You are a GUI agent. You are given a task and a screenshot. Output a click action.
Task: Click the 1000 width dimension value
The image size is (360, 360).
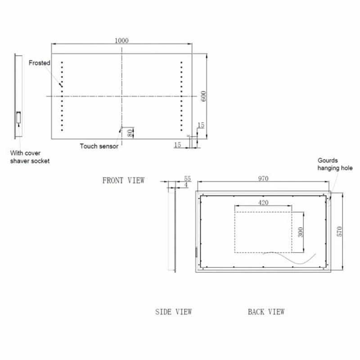tap(121, 40)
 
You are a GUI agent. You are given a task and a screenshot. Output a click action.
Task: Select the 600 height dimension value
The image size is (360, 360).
tap(203, 96)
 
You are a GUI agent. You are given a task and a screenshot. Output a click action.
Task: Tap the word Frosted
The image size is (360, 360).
tap(40, 63)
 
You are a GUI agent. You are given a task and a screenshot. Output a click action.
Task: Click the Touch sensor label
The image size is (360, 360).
tap(99, 146)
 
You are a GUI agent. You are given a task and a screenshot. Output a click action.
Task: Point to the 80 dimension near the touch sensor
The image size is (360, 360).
tap(130, 133)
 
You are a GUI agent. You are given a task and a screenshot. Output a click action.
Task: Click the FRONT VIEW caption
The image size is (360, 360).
tap(124, 180)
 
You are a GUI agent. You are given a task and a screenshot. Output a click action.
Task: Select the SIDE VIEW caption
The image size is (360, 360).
tap(173, 311)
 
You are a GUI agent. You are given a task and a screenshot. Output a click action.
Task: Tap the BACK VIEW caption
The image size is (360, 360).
tap(266, 311)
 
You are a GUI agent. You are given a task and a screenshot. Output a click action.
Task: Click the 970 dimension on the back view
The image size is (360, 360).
tap(263, 179)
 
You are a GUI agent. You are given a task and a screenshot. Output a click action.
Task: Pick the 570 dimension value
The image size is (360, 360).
tap(340, 231)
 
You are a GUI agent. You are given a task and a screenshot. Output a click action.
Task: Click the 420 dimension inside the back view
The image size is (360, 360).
tap(263, 202)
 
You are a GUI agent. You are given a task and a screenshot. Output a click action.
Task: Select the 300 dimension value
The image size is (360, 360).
tap(301, 232)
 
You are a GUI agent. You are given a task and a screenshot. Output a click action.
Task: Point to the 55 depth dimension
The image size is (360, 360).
tap(188, 179)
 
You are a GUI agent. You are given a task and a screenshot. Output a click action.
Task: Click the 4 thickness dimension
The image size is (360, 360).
tap(186, 185)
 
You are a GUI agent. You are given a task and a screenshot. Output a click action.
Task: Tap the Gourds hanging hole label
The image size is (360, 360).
tap(335, 164)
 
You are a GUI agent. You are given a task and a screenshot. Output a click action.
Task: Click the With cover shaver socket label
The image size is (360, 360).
tap(30, 157)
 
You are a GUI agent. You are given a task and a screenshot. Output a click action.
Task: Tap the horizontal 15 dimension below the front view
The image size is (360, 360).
tap(177, 144)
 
